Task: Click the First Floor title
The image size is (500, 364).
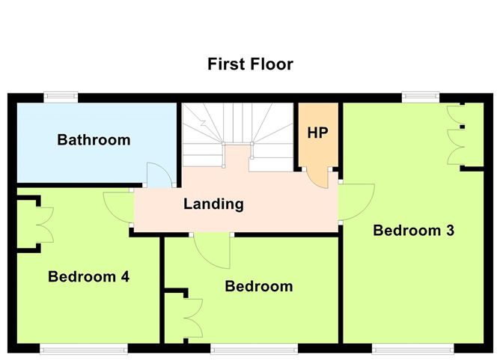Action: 250,64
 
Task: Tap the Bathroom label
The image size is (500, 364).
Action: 94,140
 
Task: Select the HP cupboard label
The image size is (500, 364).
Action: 318,133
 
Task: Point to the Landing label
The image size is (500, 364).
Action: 214,204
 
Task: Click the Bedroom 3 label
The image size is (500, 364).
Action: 414,231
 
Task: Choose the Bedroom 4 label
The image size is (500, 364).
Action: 88,277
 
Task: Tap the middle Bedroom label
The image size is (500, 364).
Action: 258,286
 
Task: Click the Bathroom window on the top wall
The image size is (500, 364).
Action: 61,97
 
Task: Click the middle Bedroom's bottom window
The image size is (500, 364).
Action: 254,348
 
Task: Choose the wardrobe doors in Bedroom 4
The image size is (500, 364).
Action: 43,223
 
